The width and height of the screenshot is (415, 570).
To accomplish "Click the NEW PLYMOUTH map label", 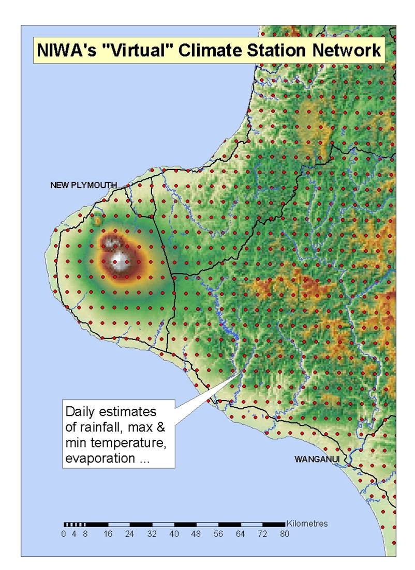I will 83,185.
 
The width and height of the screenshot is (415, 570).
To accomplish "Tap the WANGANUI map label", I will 317,459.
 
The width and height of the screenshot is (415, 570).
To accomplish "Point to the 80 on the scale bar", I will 285,534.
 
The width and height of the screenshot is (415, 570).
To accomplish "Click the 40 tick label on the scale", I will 174,534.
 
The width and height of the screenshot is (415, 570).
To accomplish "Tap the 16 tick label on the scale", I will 108,534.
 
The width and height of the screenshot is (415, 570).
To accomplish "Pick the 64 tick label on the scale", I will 240,534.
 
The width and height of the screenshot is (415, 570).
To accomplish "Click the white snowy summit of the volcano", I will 120,261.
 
